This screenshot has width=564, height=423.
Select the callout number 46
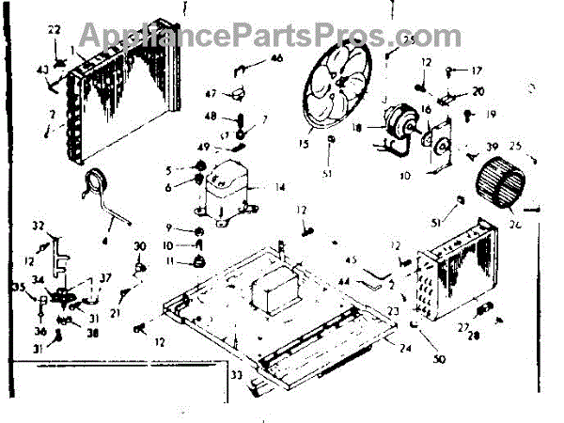[276, 58]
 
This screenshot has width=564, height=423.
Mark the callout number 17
[477, 70]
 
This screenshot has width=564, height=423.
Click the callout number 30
[141, 246]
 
